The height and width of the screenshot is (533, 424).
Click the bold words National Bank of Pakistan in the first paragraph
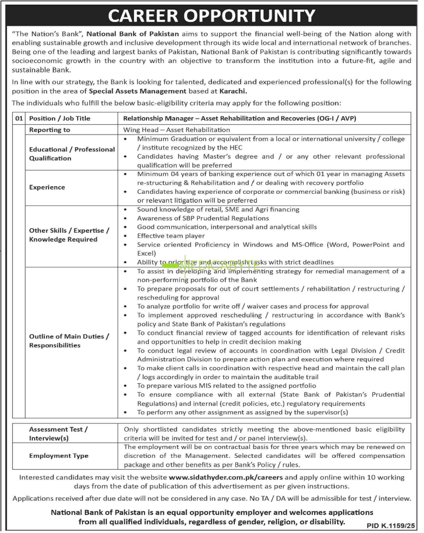coord(133,34)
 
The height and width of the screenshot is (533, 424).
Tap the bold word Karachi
coord(233,91)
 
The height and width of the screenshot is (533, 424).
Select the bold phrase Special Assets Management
coord(138,91)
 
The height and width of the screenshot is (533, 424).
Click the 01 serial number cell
coord(19,118)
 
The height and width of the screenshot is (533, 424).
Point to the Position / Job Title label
coord(60,118)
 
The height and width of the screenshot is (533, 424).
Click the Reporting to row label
coord(50,130)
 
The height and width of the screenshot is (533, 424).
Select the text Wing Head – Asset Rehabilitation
coord(176,130)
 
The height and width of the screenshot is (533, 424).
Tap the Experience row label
coord(47,187)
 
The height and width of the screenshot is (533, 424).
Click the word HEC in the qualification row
coord(236,148)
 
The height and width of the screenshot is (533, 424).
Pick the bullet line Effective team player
coord(171,236)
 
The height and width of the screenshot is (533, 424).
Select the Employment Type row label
coord(59,456)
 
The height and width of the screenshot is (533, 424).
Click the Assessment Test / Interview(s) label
coord(58,434)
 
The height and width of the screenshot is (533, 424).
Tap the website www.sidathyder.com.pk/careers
coord(226,478)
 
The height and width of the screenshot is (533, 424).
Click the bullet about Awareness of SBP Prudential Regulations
coord(203,218)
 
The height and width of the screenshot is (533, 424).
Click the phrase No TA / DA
coord(279,498)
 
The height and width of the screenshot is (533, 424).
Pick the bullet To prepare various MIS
coord(226,386)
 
